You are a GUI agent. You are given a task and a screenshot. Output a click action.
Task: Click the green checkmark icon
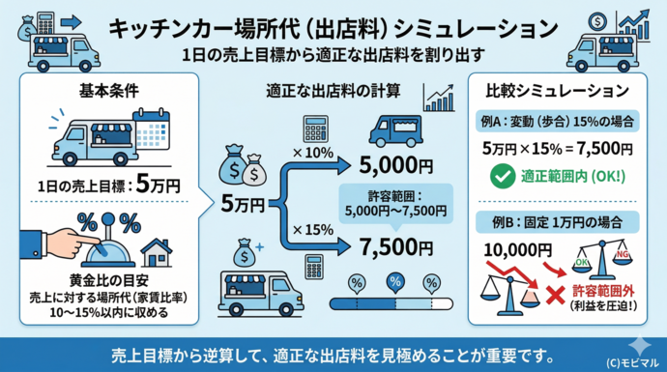(x=503, y=178)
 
